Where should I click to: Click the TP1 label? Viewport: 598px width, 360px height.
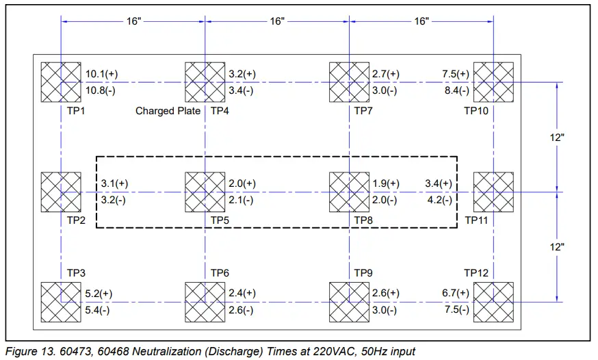[x=76, y=111]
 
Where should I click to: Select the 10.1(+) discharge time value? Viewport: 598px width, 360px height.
[x=101, y=74]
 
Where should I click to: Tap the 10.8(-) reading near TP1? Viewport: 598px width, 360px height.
[x=101, y=91]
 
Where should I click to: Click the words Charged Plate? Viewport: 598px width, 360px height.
[x=168, y=111]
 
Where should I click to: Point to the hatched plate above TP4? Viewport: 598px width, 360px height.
[x=205, y=82]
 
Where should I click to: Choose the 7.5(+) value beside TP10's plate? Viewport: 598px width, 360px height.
[x=456, y=74]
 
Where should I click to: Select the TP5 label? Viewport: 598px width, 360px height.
[x=220, y=220]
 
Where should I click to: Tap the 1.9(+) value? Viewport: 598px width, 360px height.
[x=386, y=183]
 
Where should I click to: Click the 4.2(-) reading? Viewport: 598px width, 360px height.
[x=440, y=201]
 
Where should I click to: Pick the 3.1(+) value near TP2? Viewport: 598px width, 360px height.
[x=114, y=183]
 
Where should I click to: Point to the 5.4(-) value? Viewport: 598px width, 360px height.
[x=97, y=310]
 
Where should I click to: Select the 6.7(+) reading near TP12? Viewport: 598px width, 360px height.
[x=456, y=293]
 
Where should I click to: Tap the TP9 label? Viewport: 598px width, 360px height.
[x=363, y=273]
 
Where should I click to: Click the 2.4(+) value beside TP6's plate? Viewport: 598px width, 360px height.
[x=242, y=293]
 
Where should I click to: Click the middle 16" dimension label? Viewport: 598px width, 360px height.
[x=277, y=21]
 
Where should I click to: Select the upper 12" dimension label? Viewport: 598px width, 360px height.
[x=557, y=138]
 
